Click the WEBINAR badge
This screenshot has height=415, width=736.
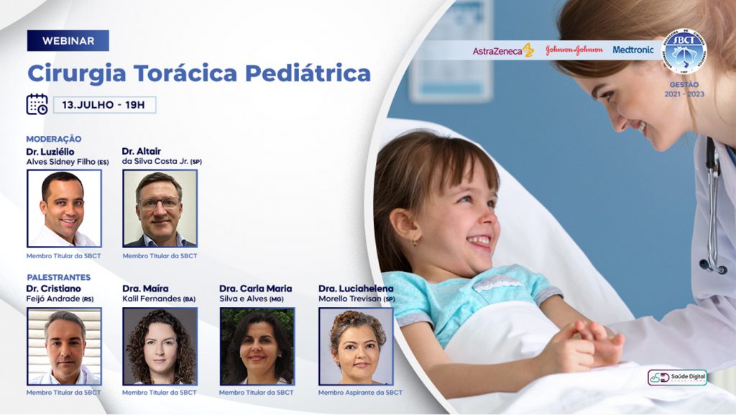coord(68,41)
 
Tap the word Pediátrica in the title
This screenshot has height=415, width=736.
coord(308,73)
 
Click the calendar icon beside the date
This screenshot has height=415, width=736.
coord(37,104)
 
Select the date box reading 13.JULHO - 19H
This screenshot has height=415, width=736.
coord(104,105)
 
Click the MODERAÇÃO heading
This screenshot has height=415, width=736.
coord(53,139)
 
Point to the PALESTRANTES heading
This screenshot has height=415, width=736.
coord(59,278)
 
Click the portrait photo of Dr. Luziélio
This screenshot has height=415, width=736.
coord(64,209)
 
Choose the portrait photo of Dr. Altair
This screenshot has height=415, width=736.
coord(160,209)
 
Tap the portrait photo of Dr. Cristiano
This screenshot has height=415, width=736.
coord(64,347)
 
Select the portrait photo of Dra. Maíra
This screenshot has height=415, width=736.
coord(160,347)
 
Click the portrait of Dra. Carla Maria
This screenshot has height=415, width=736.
coord(257,347)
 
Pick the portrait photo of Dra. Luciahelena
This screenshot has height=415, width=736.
coord(356,347)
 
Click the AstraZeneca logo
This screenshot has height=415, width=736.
coord(503,50)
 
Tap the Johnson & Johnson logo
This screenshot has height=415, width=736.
coord(574,50)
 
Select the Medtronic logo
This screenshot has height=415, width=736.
coord(632,50)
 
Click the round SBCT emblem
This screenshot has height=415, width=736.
coord(684,52)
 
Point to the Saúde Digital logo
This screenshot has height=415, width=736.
coord(677,378)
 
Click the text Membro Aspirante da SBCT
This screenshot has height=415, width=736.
coord(360,393)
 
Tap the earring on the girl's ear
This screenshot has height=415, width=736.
coord(415,242)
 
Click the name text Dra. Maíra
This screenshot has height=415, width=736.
coord(145,288)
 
